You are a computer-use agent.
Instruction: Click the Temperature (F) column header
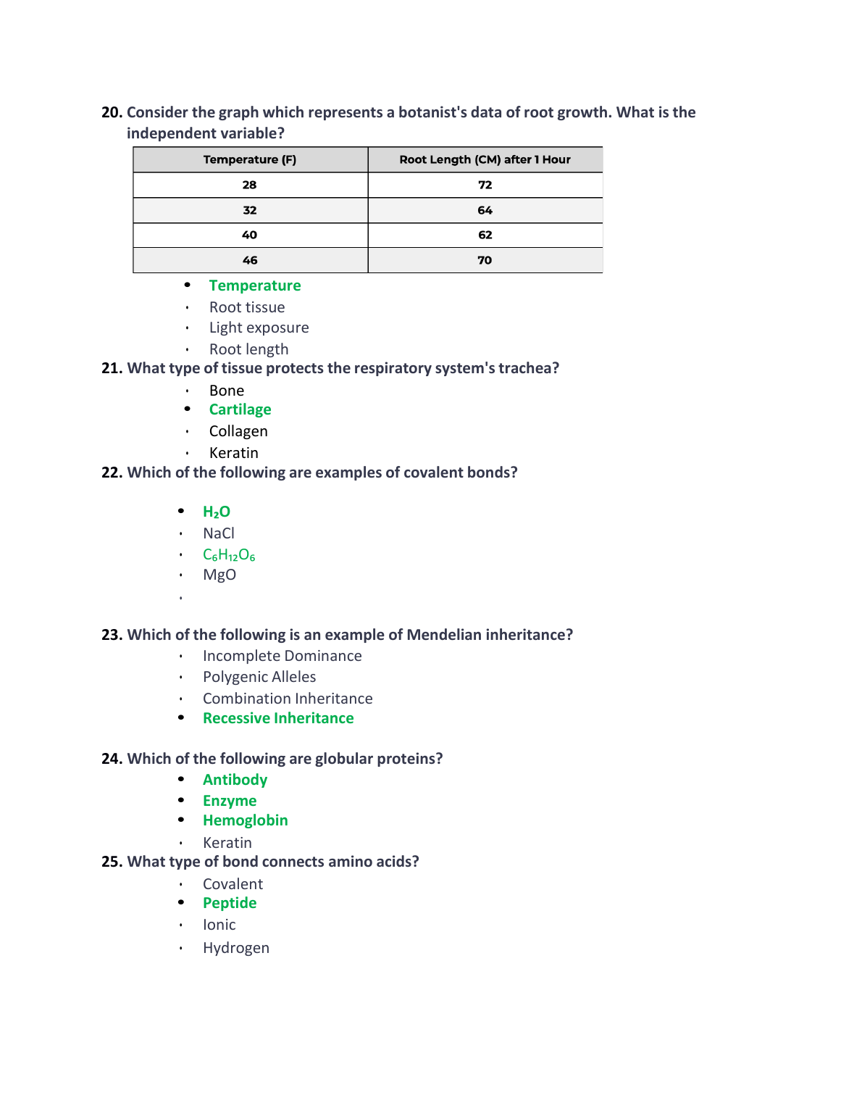click(250, 159)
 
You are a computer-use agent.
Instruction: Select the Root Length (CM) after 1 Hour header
click(485, 159)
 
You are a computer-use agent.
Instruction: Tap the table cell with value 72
click(485, 185)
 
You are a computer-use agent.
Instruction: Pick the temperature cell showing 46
click(250, 260)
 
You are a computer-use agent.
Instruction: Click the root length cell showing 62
click(485, 235)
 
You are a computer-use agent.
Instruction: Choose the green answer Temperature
click(254, 286)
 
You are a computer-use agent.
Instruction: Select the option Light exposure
click(259, 328)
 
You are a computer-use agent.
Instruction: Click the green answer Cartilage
click(240, 409)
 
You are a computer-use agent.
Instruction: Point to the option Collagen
click(238, 431)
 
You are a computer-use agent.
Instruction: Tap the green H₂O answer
click(216, 512)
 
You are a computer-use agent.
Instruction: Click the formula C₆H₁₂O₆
click(229, 555)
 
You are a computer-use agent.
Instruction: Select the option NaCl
click(219, 533)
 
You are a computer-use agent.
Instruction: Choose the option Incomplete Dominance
click(282, 656)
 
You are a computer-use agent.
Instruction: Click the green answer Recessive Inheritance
click(278, 718)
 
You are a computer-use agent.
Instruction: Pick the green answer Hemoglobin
click(245, 820)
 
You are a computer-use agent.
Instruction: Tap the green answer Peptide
click(230, 903)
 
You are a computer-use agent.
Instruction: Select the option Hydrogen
click(235, 948)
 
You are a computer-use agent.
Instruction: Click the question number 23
click(112, 635)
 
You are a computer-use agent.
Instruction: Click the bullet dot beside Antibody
click(181, 779)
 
